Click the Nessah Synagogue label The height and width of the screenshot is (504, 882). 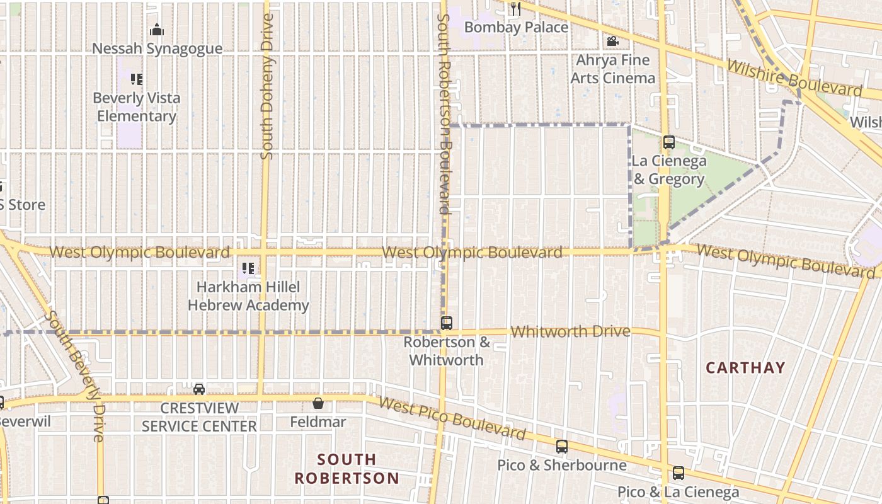pos(157,49)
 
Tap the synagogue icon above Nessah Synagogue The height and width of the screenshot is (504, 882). pos(157,30)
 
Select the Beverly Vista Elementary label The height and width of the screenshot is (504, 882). pos(136,107)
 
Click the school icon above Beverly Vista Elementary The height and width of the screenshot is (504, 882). pos(136,79)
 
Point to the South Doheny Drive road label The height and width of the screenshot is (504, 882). pos(267,86)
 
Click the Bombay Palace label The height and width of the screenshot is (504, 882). pos(516,27)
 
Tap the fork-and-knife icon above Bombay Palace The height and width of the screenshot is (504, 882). pos(516,8)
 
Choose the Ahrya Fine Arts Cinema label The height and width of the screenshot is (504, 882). pos(612,69)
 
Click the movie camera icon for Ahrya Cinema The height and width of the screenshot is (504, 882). pos(612,42)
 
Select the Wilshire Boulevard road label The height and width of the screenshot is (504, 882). pos(793,78)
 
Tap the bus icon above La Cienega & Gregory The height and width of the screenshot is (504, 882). pos(669,142)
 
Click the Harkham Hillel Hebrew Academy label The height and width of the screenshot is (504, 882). pos(248,296)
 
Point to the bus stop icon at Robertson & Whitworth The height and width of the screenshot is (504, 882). pos(447,323)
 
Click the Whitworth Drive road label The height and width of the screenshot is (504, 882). pos(570,331)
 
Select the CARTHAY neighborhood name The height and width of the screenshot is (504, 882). pos(745,368)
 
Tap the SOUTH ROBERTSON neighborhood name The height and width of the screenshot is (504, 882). pos(346,469)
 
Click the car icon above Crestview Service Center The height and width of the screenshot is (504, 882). pos(199,389)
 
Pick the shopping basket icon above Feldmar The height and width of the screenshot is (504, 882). pos(318,403)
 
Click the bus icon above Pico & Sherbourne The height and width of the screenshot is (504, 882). pos(562,447)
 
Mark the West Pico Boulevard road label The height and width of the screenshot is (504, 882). pos(452,420)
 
